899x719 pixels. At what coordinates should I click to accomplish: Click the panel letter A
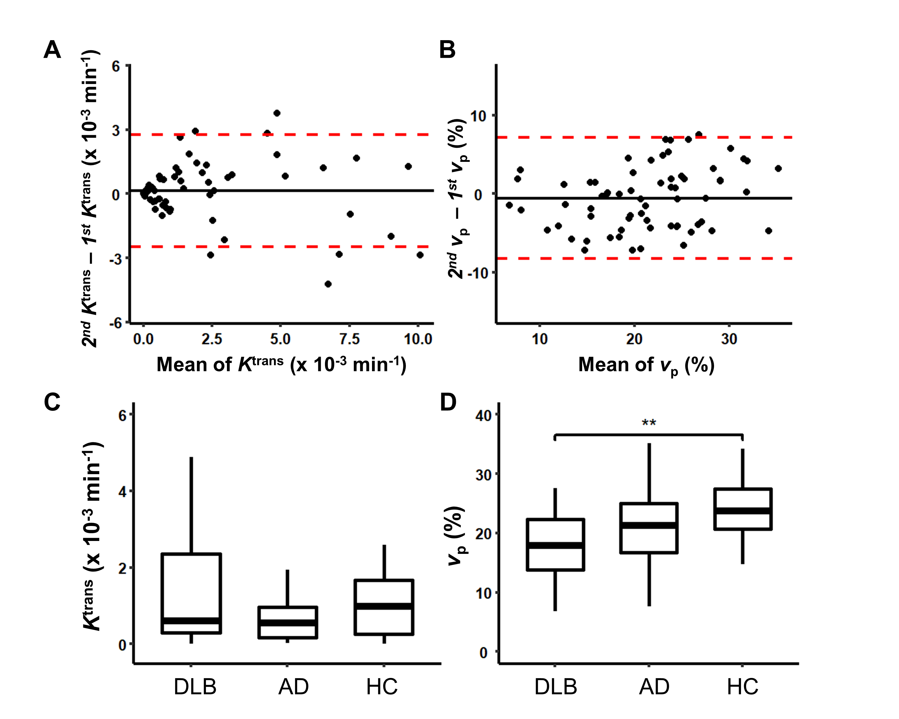tap(52, 50)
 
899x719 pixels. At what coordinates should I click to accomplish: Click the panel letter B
tap(448, 50)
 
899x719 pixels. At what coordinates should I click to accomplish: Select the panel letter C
tap(52, 402)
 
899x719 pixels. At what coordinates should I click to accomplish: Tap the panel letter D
tap(448, 402)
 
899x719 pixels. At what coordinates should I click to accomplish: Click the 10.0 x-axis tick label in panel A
tap(418, 339)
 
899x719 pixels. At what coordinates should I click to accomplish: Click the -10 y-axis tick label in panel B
tap(478, 273)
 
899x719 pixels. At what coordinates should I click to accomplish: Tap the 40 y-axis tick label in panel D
tap(484, 416)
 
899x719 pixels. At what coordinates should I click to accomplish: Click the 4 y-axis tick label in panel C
tap(122, 492)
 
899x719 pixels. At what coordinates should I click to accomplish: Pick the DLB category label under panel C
tap(195, 687)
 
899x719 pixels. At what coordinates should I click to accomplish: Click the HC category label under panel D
tap(743, 687)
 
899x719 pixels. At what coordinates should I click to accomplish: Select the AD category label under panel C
tap(293, 687)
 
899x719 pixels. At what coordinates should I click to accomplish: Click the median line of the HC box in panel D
tap(743, 511)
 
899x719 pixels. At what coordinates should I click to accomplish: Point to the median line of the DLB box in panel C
tap(191, 621)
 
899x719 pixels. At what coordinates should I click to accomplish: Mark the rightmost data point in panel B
tap(778, 168)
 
